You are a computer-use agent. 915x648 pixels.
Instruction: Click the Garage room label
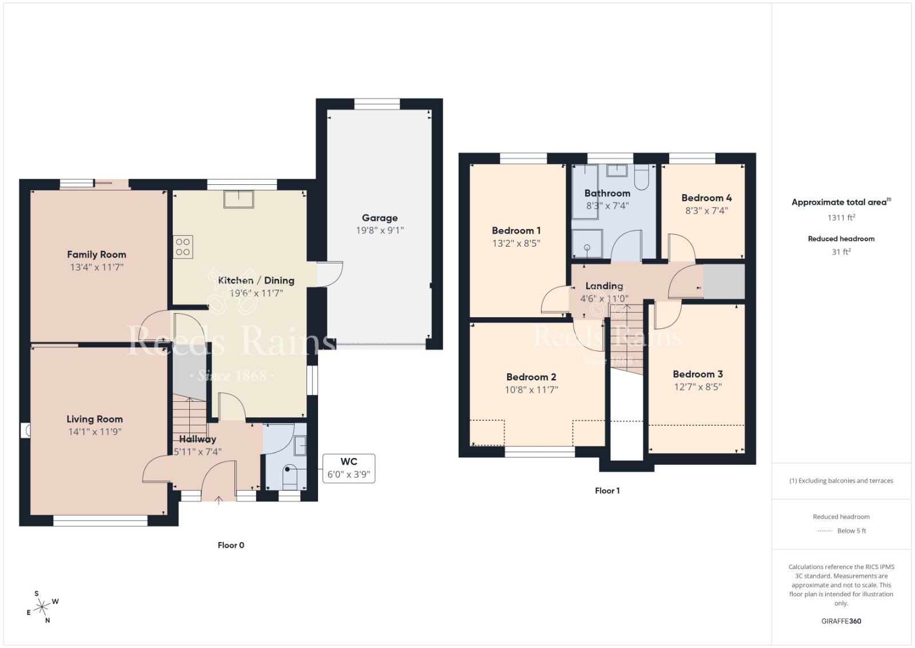pos(380,218)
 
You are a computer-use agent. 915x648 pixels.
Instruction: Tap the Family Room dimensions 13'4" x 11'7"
pos(96,267)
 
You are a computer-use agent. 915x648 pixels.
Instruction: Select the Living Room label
pos(94,419)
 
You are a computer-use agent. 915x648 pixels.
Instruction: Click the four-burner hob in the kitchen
pos(183,247)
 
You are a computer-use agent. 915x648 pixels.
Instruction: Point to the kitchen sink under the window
pos(238,199)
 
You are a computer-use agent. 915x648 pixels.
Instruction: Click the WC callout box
pos(349,468)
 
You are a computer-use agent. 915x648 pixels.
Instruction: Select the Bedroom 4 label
pos(706,198)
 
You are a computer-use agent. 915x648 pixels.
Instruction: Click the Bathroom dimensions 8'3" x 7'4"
pos(607,206)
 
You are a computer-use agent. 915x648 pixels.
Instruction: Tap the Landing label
pos(604,286)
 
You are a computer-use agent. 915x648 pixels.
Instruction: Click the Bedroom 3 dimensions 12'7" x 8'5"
pos(698,387)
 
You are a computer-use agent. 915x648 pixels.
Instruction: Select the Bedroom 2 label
pos(531,377)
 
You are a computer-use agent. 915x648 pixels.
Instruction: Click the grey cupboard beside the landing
pos(723,281)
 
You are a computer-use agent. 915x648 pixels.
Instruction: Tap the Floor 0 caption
pos(231,546)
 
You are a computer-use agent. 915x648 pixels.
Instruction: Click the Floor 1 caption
pos(607,491)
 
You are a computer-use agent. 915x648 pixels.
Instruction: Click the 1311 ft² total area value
pos(841,218)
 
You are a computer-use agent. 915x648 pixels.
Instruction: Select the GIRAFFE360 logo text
pos(841,621)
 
